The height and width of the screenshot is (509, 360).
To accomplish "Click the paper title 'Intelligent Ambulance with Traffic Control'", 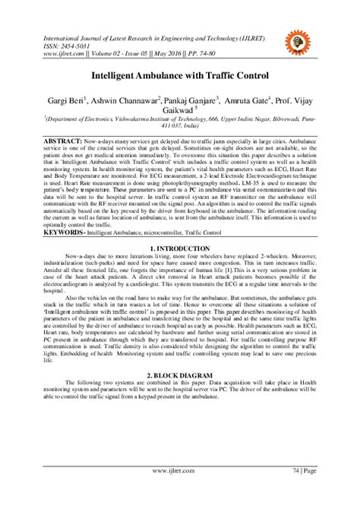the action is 180,77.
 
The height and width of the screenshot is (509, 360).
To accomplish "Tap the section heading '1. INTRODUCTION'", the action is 180,248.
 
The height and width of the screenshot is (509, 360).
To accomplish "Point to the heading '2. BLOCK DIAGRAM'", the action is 180,375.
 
